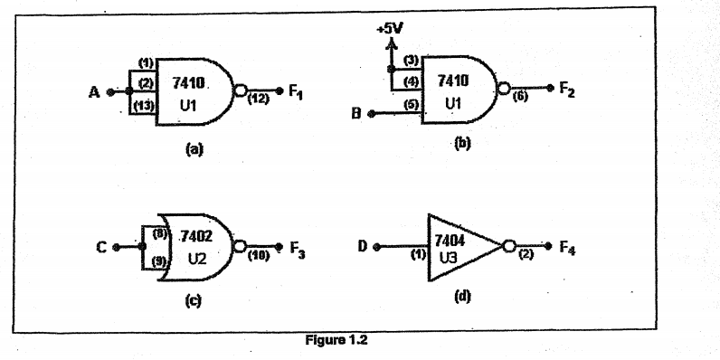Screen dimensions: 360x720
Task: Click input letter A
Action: [x=94, y=91]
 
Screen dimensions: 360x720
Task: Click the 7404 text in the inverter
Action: [x=450, y=241]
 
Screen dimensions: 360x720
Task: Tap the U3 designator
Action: [x=447, y=258]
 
